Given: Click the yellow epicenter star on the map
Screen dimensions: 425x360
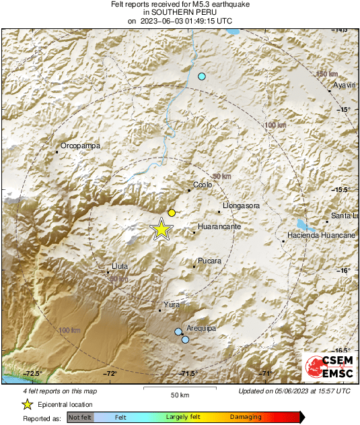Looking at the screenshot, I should point(161,229).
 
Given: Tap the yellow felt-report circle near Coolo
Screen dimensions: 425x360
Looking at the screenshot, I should point(172,213).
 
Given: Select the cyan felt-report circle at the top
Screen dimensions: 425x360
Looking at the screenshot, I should point(201,77).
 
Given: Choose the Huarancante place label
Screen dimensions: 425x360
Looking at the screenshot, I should point(219,228).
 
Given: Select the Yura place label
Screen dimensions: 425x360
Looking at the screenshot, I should point(172,305).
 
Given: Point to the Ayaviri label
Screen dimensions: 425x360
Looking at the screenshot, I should point(345,86).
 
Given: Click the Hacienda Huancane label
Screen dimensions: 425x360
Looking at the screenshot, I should point(321,235).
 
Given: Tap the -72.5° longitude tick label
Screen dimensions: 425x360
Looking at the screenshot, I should point(34,374).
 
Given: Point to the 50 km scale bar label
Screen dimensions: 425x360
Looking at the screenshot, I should point(179,394).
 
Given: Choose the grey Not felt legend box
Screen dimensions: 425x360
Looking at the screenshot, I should point(80,418).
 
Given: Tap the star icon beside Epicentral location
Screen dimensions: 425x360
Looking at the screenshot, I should point(28,405).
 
